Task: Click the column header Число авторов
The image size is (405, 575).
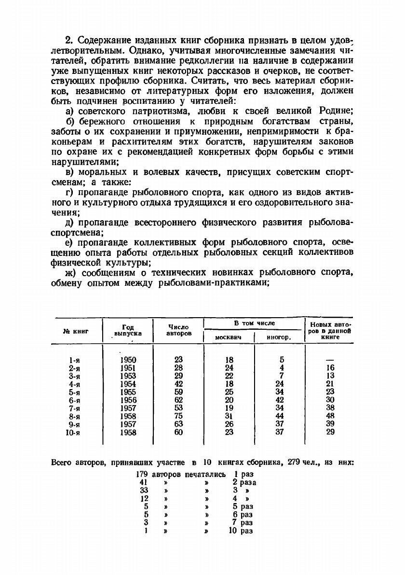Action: [x=178, y=330]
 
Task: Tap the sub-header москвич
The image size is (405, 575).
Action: [x=228, y=337]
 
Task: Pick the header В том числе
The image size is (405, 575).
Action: [x=254, y=323]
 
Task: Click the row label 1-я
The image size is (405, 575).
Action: [x=74, y=360]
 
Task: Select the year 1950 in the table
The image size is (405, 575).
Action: [x=128, y=360]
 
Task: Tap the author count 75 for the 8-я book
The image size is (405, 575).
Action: [x=178, y=416]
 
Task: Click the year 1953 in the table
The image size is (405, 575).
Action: [x=128, y=376]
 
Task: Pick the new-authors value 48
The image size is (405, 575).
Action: [x=330, y=416]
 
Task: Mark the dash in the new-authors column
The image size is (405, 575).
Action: [x=330, y=360]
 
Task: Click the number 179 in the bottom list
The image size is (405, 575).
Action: [x=142, y=474]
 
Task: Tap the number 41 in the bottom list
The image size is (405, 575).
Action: [x=143, y=482]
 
